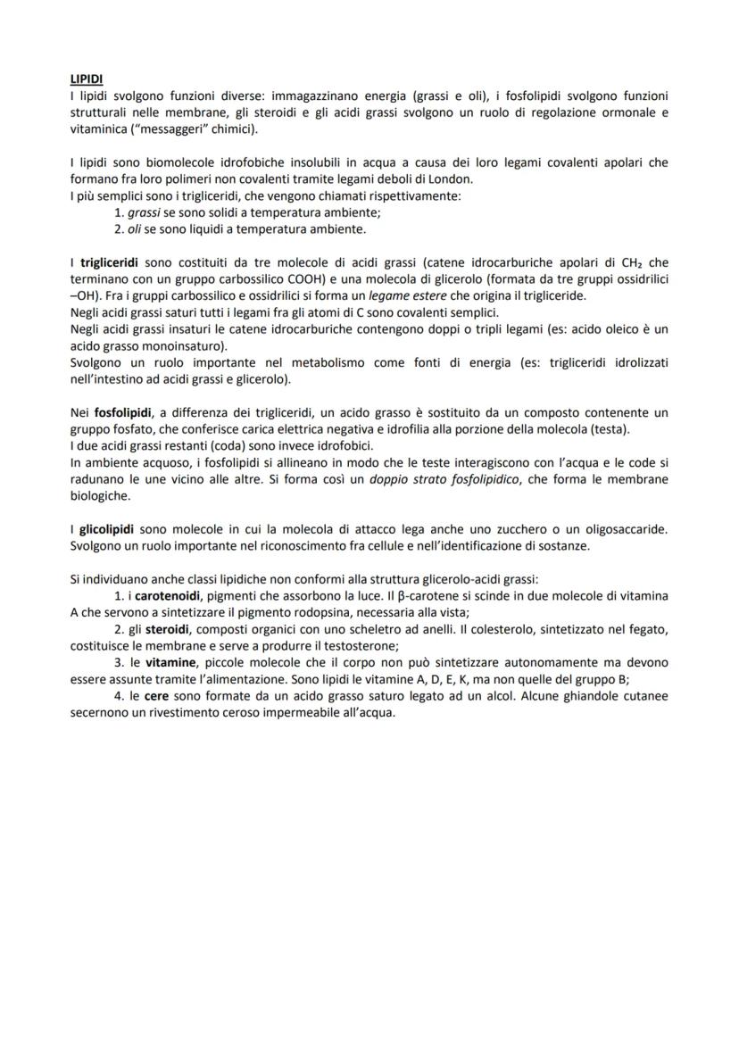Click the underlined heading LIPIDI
(x=86, y=79)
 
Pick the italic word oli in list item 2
(x=135, y=228)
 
